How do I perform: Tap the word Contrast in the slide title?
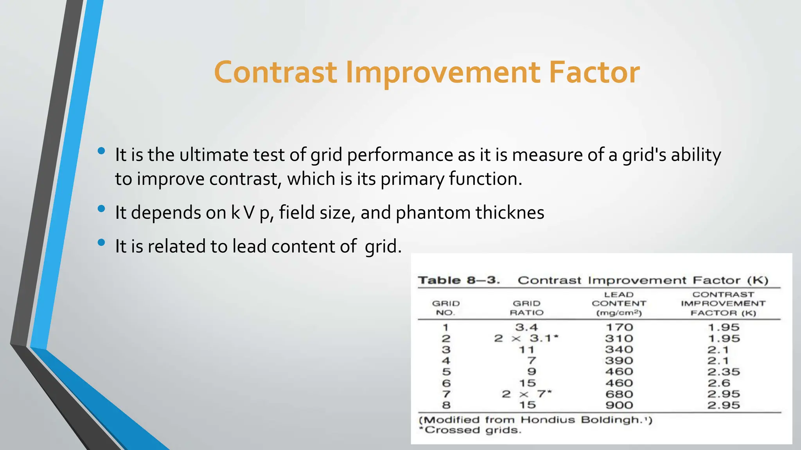click(275, 73)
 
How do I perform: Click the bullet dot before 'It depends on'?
click(101, 209)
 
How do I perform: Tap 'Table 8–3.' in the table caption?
click(458, 280)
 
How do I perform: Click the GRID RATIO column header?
click(526, 308)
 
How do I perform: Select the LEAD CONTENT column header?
click(619, 304)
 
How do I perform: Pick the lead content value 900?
click(619, 405)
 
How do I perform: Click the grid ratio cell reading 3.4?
click(526, 327)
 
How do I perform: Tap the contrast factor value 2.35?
click(723, 372)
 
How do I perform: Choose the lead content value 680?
click(619, 394)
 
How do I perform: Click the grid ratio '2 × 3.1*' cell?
click(526, 338)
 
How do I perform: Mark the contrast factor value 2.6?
click(718, 383)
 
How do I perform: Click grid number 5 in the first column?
click(446, 372)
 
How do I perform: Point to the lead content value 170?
click(619, 327)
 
